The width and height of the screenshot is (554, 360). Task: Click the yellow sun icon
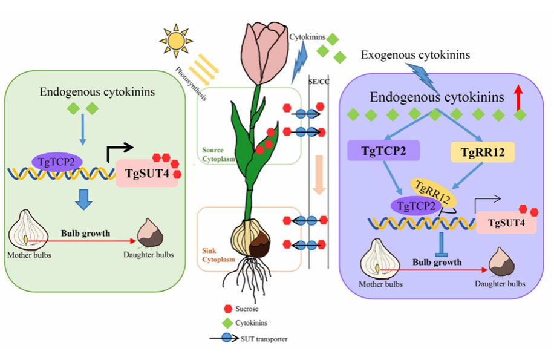pos(175,41)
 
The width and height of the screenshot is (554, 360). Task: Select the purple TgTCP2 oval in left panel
pos(60,161)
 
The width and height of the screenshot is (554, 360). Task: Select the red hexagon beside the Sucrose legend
pos(229,309)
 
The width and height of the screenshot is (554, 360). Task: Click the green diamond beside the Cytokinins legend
pos(229,323)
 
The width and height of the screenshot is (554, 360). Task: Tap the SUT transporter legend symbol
pos(227,339)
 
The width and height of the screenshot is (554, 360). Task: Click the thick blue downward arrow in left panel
pos(82,199)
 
